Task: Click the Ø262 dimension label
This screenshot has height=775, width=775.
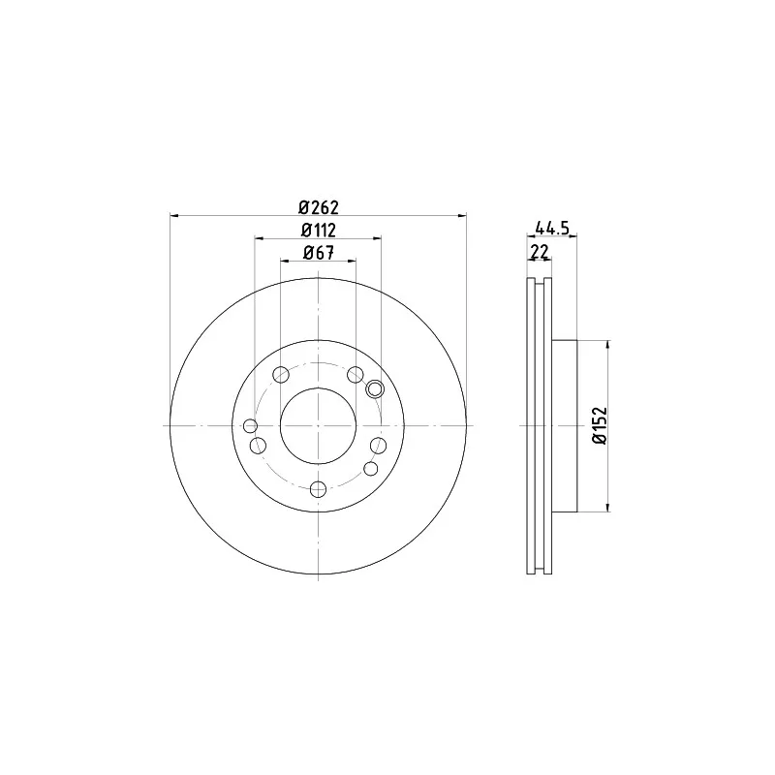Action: pyautogui.click(x=319, y=207)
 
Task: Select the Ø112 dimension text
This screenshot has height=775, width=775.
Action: pyautogui.click(x=319, y=231)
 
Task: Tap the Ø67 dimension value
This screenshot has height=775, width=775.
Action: pyautogui.click(x=319, y=253)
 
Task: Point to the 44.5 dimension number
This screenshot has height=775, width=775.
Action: pyautogui.click(x=552, y=228)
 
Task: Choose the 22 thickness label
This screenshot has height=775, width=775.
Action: pyautogui.click(x=540, y=252)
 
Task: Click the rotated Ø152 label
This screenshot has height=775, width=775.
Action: pyautogui.click(x=600, y=425)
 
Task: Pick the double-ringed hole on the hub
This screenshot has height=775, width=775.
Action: pyautogui.click(x=375, y=389)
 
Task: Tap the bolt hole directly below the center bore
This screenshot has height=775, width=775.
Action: pyautogui.click(x=318, y=489)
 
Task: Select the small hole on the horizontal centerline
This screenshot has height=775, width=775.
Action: pyautogui.click(x=251, y=425)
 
